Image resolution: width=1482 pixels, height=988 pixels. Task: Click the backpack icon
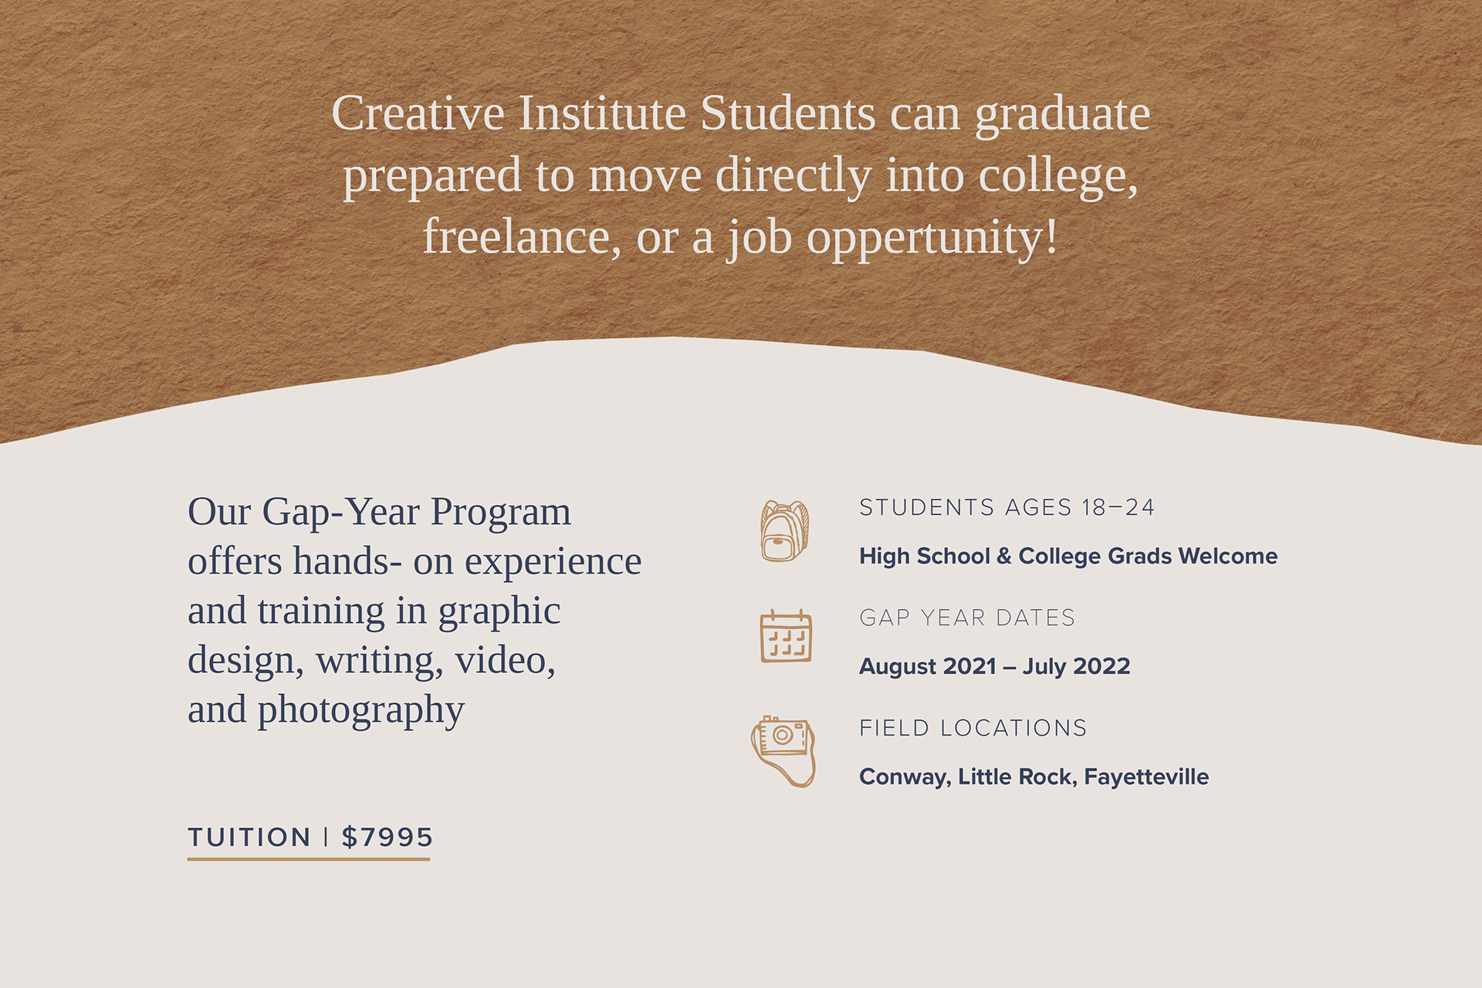pyautogui.click(x=784, y=530)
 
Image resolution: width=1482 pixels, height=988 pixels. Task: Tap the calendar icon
pyautogui.click(x=786, y=636)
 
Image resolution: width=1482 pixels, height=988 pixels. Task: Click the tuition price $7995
pyautogui.click(x=387, y=837)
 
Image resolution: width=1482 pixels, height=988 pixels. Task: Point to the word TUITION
pyautogui.click(x=249, y=837)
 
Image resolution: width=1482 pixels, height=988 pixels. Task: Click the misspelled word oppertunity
pyautogui.click(x=932, y=238)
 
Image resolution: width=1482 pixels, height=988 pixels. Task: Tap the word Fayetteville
pyautogui.click(x=1146, y=777)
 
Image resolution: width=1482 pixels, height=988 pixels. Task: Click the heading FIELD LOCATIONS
pyautogui.click(x=973, y=728)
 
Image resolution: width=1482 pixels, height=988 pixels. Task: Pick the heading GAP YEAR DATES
pyautogui.click(x=967, y=617)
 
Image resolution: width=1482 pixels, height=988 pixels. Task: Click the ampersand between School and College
pyautogui.click(x=1003, y=556)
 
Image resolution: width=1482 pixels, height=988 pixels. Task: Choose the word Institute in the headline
pyautogui.click(x=602, y=113)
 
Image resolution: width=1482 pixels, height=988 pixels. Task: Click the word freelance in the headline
pyautogui.click(x=522, y=236)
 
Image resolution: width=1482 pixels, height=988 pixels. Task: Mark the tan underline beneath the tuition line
pyautogui.click(x=309, y=858)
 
